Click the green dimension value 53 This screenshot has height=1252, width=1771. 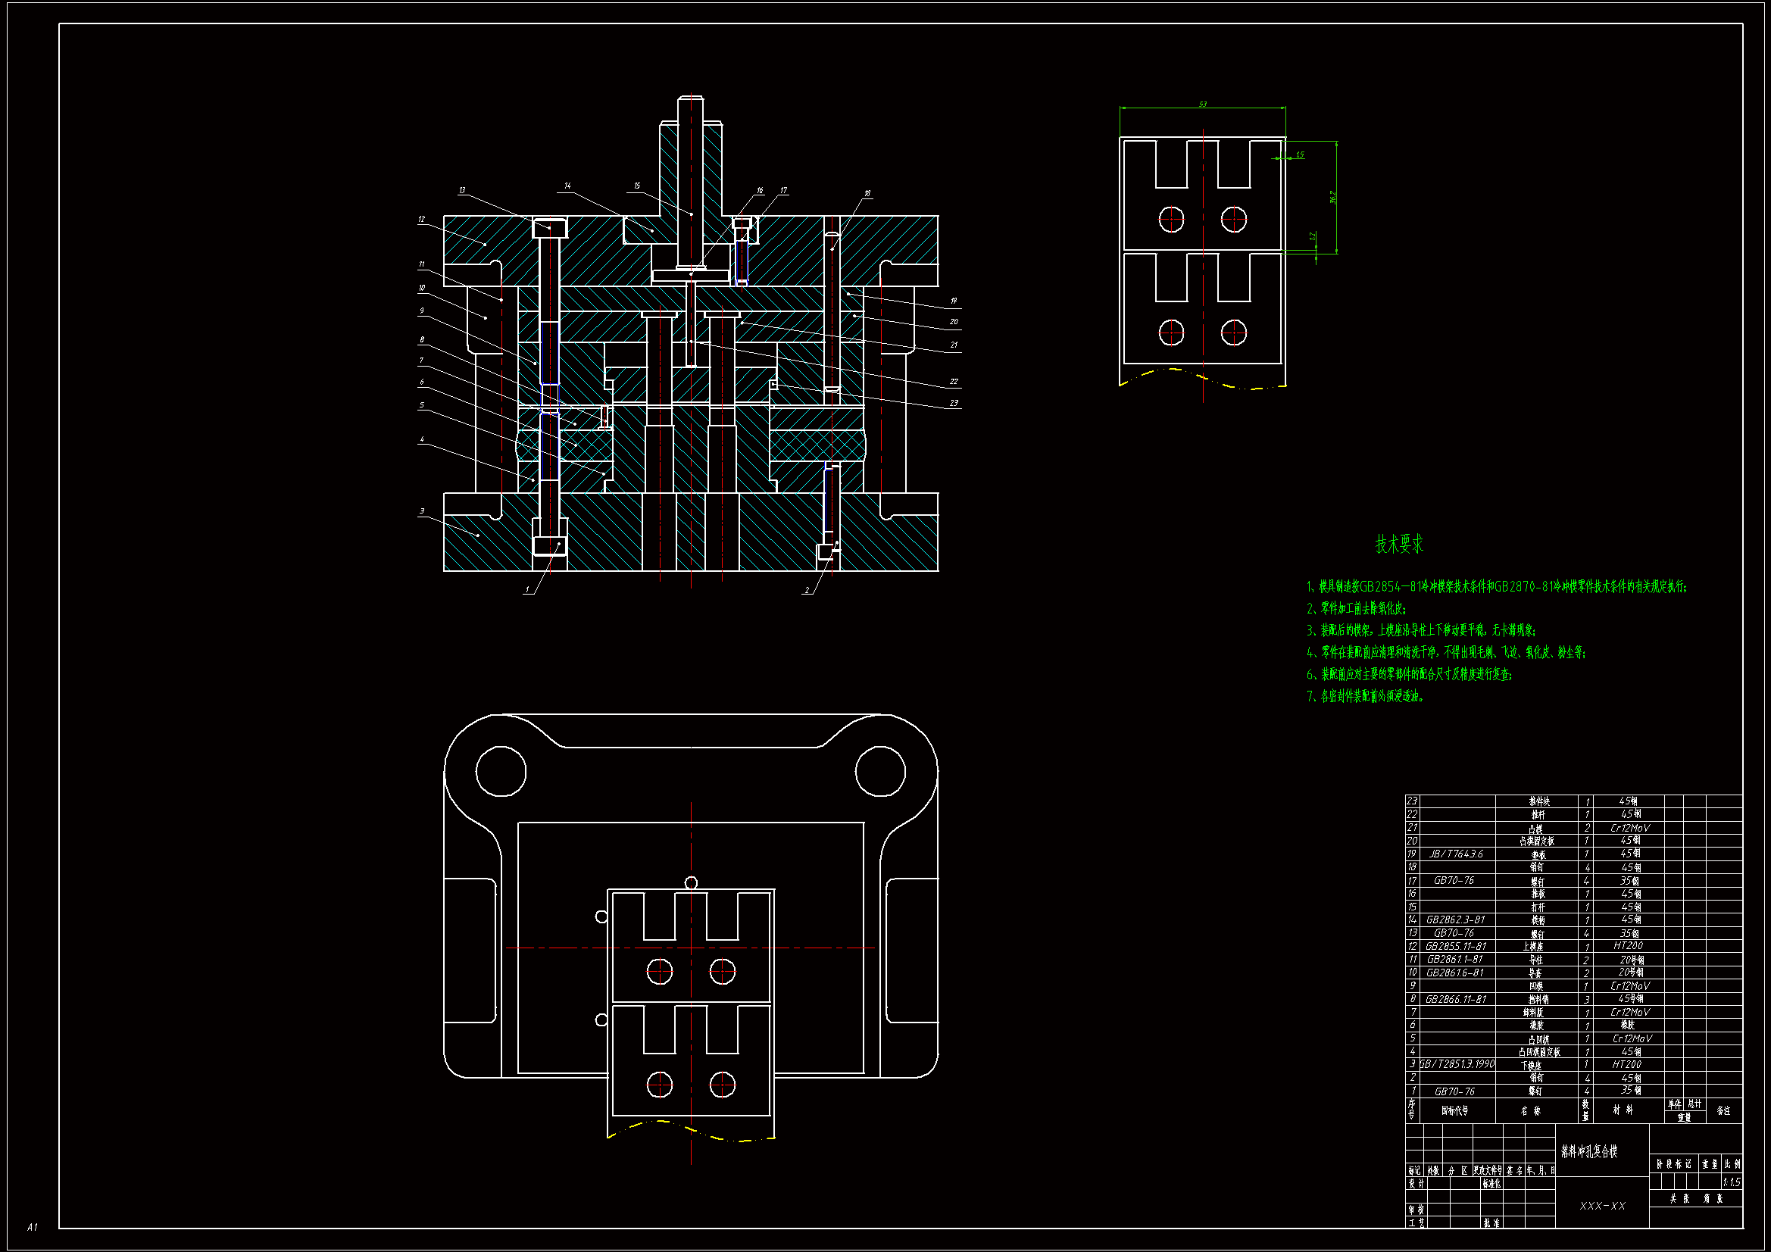(1203, 103)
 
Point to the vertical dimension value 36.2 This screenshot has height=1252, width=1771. (1332, 198)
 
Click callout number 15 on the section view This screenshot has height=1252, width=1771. (637, 186)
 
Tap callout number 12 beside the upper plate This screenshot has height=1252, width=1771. (421, 219)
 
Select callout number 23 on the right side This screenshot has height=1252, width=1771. (954, 403)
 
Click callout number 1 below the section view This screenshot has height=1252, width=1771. (528, 590)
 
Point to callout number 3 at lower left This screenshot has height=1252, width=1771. (422, 511)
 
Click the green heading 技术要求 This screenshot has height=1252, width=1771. (1399, 545)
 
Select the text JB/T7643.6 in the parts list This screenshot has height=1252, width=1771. (1456, 854)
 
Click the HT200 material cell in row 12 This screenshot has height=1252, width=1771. (1628, 946)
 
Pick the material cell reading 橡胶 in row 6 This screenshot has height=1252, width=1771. (1628, 1026)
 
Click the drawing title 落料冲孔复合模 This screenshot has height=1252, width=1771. (1589, 1152)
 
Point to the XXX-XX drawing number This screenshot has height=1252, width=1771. (1602, 1206)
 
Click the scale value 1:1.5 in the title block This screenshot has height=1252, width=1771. (1731, 1182)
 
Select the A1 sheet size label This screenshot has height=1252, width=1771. (33, 1226)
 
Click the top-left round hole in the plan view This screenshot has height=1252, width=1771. (501, 770)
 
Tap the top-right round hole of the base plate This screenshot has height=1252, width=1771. (880, 770)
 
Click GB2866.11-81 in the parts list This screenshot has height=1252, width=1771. (1456, 999)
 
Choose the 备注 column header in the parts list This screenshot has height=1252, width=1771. (1723, 1111)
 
